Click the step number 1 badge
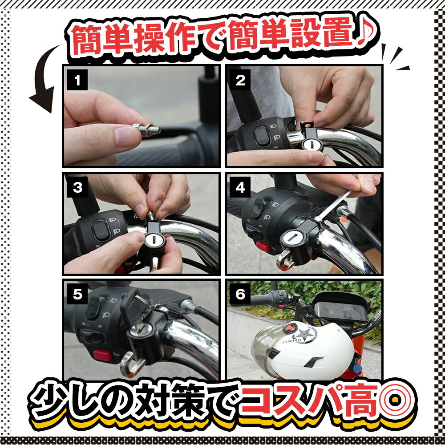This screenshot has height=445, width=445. tap(77, 80)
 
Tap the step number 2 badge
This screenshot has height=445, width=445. tap(240, 80)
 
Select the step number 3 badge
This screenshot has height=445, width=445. tap(77, 187)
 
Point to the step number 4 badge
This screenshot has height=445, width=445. tap(240, 187)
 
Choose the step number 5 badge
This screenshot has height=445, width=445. tap(77, 294)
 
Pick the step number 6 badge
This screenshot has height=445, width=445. tap(240, 294)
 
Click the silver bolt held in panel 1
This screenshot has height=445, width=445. tap(146, 129)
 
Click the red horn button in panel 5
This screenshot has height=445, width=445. tap(102, 355)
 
